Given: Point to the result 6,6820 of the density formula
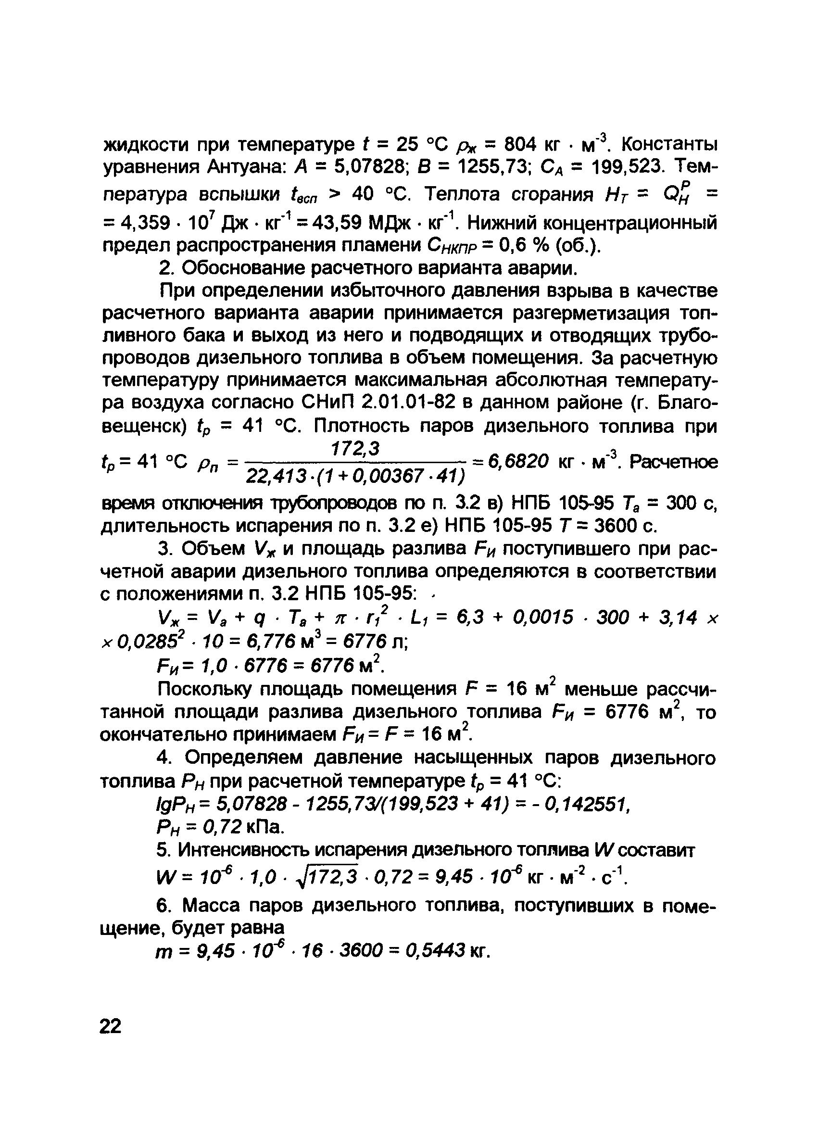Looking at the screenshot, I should (519, 461).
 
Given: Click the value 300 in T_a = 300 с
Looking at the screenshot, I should (683, 504).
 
